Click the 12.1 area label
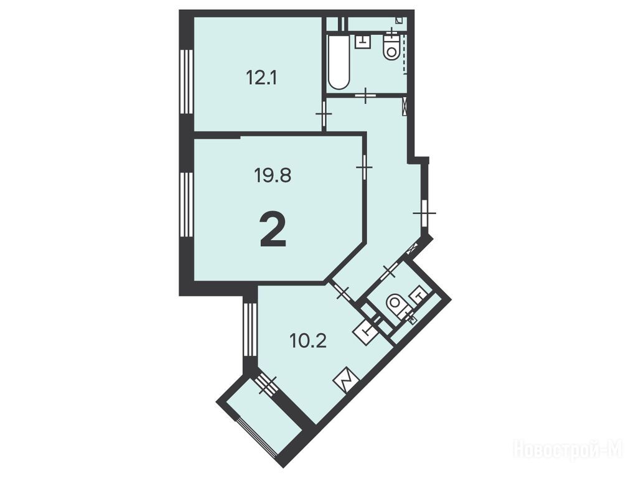[261, 77]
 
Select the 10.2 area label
[308, 341]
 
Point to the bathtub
[339, 62]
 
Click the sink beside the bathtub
[363, 42]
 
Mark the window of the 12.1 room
[187, 82]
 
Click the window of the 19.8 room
[187, 204]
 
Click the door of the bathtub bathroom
[365, 95]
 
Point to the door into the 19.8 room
[364, 167]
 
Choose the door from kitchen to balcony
[266, 385]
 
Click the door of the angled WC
[389, 271]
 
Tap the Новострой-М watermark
[569, 448]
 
